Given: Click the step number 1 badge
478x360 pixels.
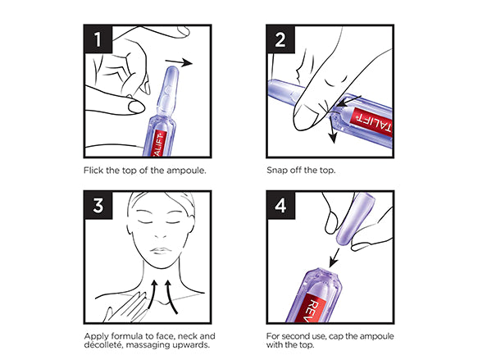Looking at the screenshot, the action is click(x=98, y=39).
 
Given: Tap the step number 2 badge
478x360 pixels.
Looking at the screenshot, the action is click(x=280, y=39).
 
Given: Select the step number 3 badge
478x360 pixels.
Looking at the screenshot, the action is click(x=98, y=206).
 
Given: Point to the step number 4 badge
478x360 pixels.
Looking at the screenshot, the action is click(x=280, y=206).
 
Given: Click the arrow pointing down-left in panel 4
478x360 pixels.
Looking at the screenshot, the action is click(x=334, y=257).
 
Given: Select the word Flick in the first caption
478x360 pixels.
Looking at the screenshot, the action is click(x=93, y=170).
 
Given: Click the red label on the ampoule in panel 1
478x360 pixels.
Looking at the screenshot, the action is click(x=159, y=144).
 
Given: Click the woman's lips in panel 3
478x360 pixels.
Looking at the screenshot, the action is click(x=160, y=251).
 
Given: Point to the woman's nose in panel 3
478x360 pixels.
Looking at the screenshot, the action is click(x=161, y=235).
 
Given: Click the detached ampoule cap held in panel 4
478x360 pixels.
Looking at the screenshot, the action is click(x=353, y=219).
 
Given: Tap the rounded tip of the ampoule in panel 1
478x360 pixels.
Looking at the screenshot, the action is click(x=171, y=71).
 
